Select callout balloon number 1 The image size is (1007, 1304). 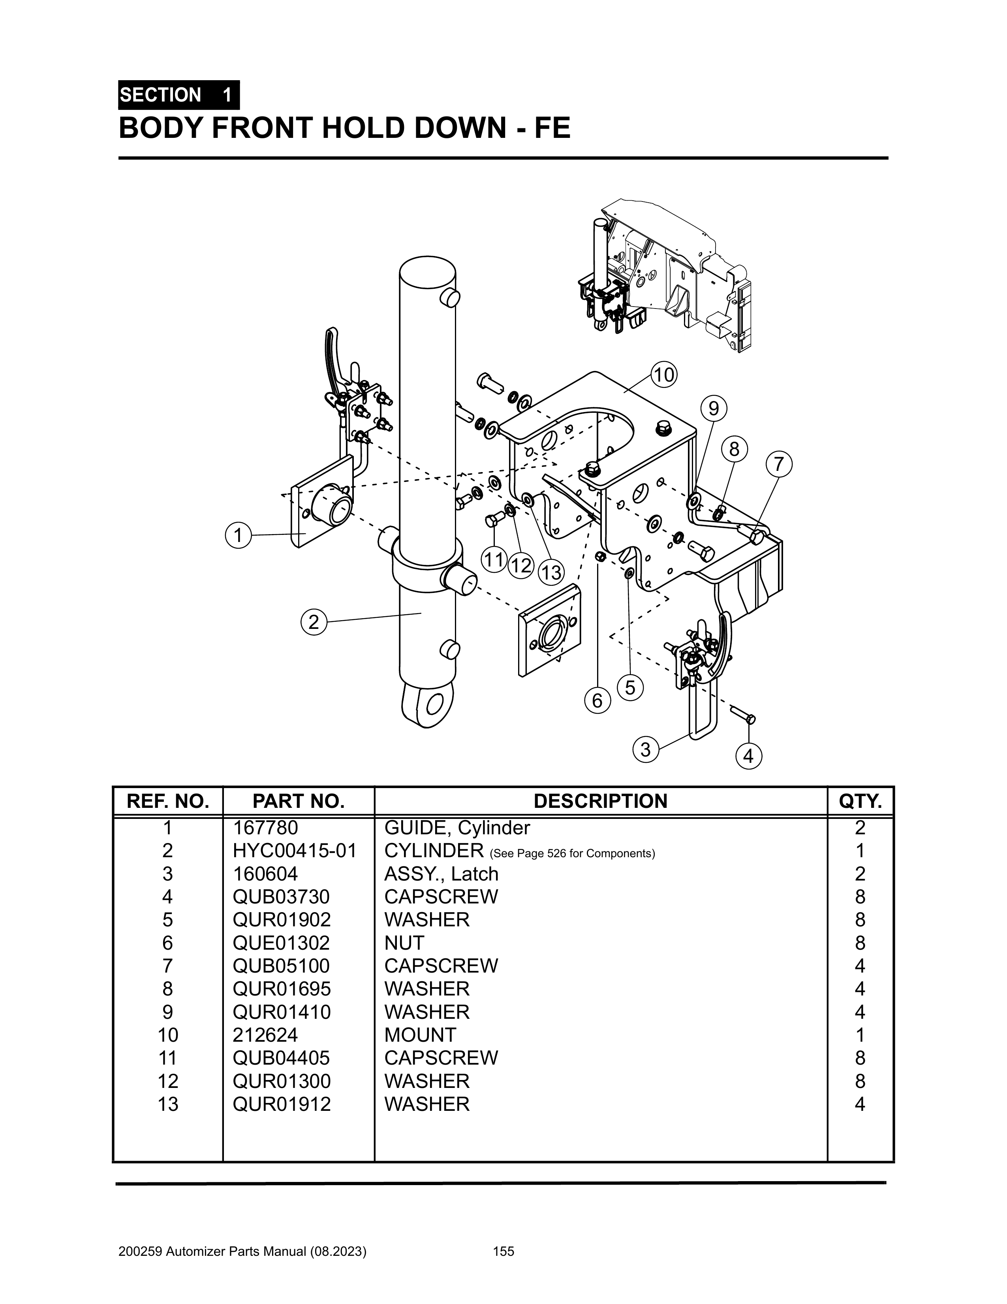[x=238, y=535]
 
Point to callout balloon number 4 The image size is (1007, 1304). [x=748, y=756]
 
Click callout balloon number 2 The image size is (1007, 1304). [x=314, y=622]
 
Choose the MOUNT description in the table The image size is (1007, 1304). [x=420, y=1035]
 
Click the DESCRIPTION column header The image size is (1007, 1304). [x=601, y=801]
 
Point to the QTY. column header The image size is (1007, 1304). [x=860, y=801]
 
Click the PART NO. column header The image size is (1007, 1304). [x=299, y=801]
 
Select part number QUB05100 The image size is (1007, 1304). [x=281, y=965]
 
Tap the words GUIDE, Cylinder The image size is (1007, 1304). [x=457, y=828]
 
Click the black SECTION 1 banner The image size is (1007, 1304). [x=179, y=95]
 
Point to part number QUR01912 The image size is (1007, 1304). [x=281, y=1104]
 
